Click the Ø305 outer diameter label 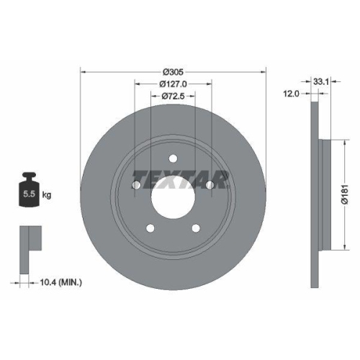(x=173, y=71)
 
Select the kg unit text (x=47, y=195)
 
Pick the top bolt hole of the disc (x=173, y=160)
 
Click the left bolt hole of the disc (x=136, y=186)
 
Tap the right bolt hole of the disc (x=210, y=186)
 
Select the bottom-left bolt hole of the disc (x=150, y=228)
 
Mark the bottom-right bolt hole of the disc (x=196, y=228)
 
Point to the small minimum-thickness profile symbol (x=27, y=239)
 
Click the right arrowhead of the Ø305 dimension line (x=264, y=71)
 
